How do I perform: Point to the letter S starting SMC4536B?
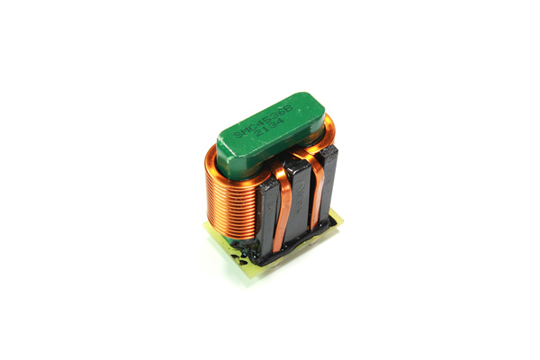238,137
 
